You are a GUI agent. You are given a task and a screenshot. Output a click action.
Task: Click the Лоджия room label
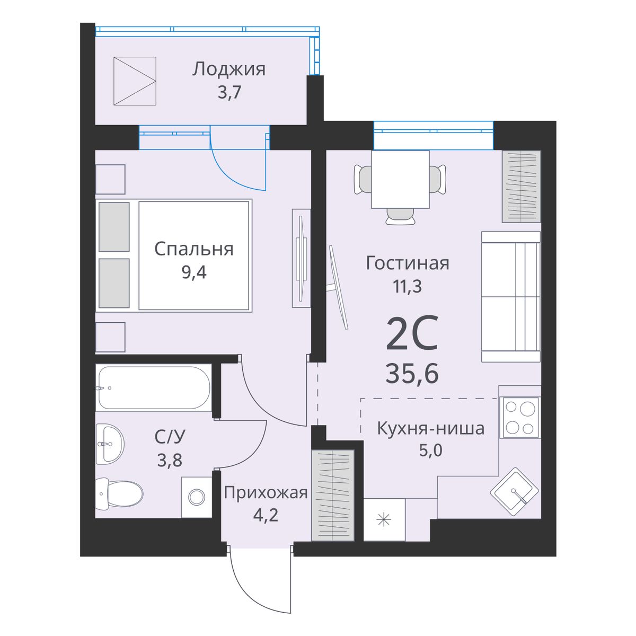(229, 69)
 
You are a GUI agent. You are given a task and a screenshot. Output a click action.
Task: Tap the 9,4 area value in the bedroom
(194, 272)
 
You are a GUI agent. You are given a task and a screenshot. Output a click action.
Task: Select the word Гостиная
(408, 263)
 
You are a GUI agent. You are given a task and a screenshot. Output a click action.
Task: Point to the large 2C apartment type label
(412, 333)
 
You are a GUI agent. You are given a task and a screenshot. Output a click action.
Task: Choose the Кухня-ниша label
(431, 428)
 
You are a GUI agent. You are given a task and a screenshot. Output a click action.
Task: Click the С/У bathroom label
(170, 437)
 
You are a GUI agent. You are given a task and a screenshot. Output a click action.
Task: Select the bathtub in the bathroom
(154, 388)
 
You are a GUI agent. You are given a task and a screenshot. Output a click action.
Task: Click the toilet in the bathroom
(119, 493)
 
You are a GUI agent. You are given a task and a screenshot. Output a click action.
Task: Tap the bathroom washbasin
(110, 444)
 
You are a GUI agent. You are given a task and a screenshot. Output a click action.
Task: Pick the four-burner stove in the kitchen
(520, 418)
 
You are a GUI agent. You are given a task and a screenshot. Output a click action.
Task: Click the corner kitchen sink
(514, 491)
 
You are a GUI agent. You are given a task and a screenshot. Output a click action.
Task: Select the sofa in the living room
(511, 296)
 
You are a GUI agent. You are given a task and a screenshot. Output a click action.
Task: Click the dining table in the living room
(400, 179)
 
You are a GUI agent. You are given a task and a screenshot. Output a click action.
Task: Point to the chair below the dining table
(400, 217)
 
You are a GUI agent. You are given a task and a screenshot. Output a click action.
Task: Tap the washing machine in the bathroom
(197, 497)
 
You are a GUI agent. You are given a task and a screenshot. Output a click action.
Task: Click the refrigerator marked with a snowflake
(384, 520)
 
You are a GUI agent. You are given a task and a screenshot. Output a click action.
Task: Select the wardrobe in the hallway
(333, 495)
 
